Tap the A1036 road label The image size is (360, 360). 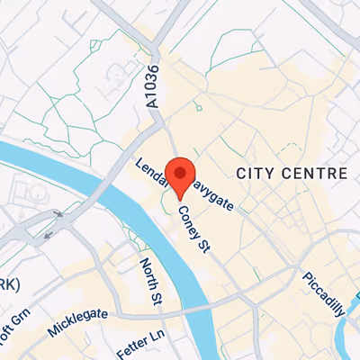point(151,89)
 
